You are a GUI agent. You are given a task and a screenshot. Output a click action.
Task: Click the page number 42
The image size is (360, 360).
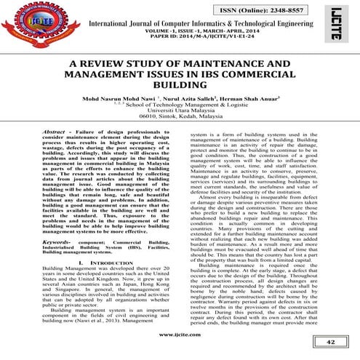click(x=329, y=342)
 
